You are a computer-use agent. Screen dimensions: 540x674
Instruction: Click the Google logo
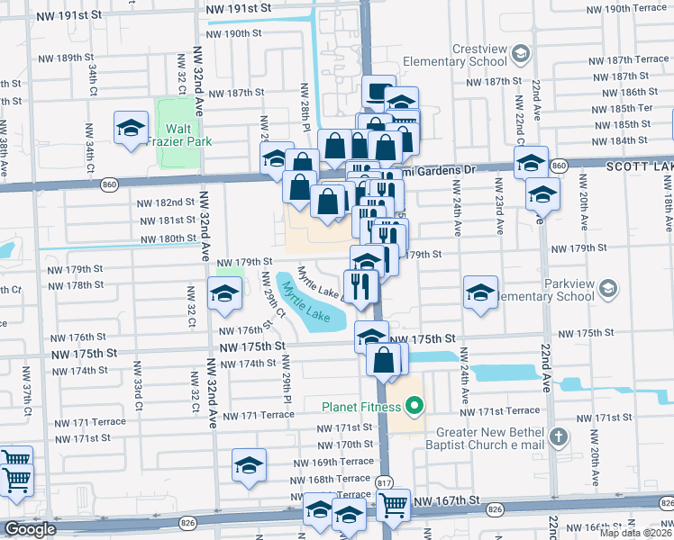point(30,529)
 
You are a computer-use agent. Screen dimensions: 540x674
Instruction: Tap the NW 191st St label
point(238,7)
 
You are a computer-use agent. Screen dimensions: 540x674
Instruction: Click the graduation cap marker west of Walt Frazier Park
point(131,128)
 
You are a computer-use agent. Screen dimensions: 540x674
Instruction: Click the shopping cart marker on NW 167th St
point(392,507)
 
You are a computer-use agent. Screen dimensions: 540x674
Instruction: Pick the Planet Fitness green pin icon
point(414,407)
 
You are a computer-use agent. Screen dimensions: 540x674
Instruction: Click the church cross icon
point(559,437)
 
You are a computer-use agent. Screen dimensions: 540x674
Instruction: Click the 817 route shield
point(384,482)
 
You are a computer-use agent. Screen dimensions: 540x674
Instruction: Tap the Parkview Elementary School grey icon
point(609,288)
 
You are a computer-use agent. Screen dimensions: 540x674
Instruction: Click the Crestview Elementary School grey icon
point(519,54)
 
